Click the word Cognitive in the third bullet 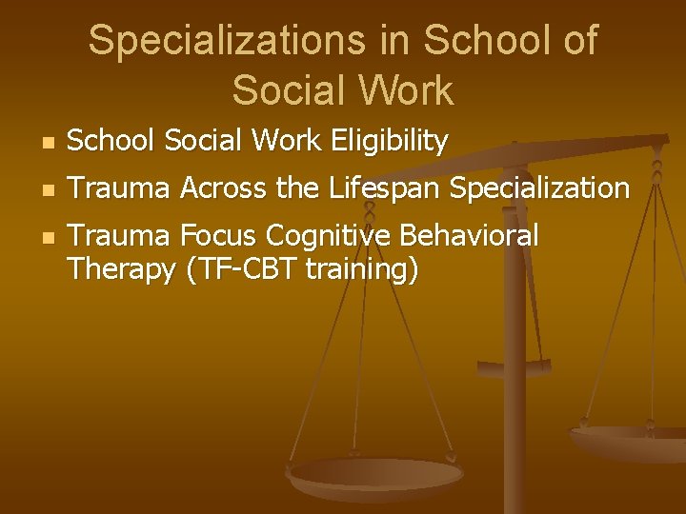point(330,235)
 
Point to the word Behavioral point(471,235)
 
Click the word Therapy point(121,270)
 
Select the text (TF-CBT point(243,270)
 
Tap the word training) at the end point(363,270)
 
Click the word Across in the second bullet point(226,188)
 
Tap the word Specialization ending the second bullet point(538,188)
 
